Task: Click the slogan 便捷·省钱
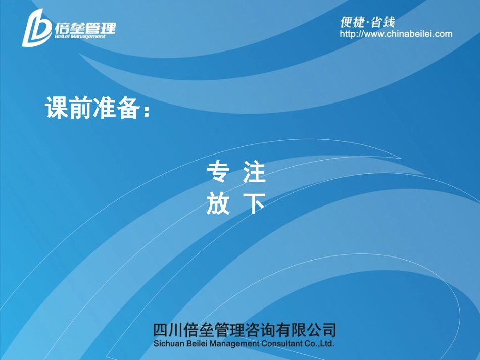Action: tap(367, 22)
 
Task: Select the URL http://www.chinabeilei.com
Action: tap(396, 34)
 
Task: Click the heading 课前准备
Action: tap(92, 109)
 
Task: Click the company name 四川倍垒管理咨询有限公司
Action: tap(244, 330)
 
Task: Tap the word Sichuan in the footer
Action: tap(168, 344)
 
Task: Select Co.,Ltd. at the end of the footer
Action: tap(320, 344)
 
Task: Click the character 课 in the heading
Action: tap(57, 109)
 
